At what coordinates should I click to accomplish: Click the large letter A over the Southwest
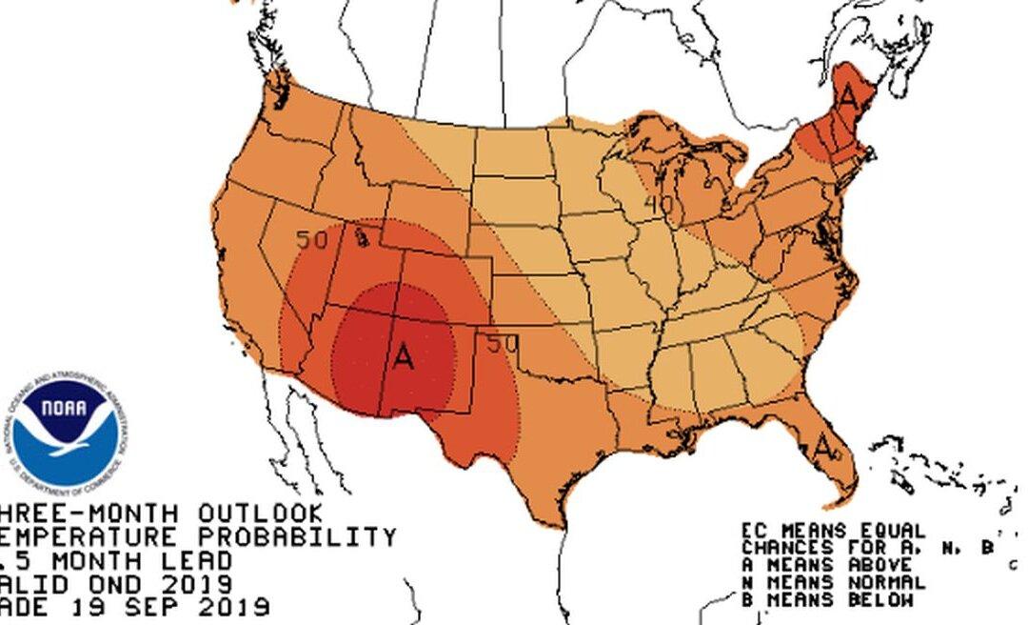click(x=404, y=358)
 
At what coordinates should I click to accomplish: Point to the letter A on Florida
click(x=823, y=444)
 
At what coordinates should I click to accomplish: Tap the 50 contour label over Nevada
click(x=311, y=240)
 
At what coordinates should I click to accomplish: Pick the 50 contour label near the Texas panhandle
click(x=502, y=344)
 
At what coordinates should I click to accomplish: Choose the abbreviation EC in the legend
click(x=754, y=531)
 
